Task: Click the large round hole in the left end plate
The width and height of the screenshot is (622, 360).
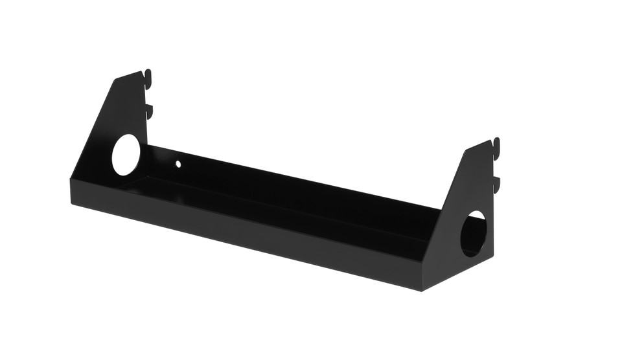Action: click(126, 155)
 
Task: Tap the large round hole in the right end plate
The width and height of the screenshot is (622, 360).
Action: click(473, 233)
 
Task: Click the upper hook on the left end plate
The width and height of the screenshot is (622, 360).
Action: click(148, 76)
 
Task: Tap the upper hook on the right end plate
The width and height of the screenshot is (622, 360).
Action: click(496, 144)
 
